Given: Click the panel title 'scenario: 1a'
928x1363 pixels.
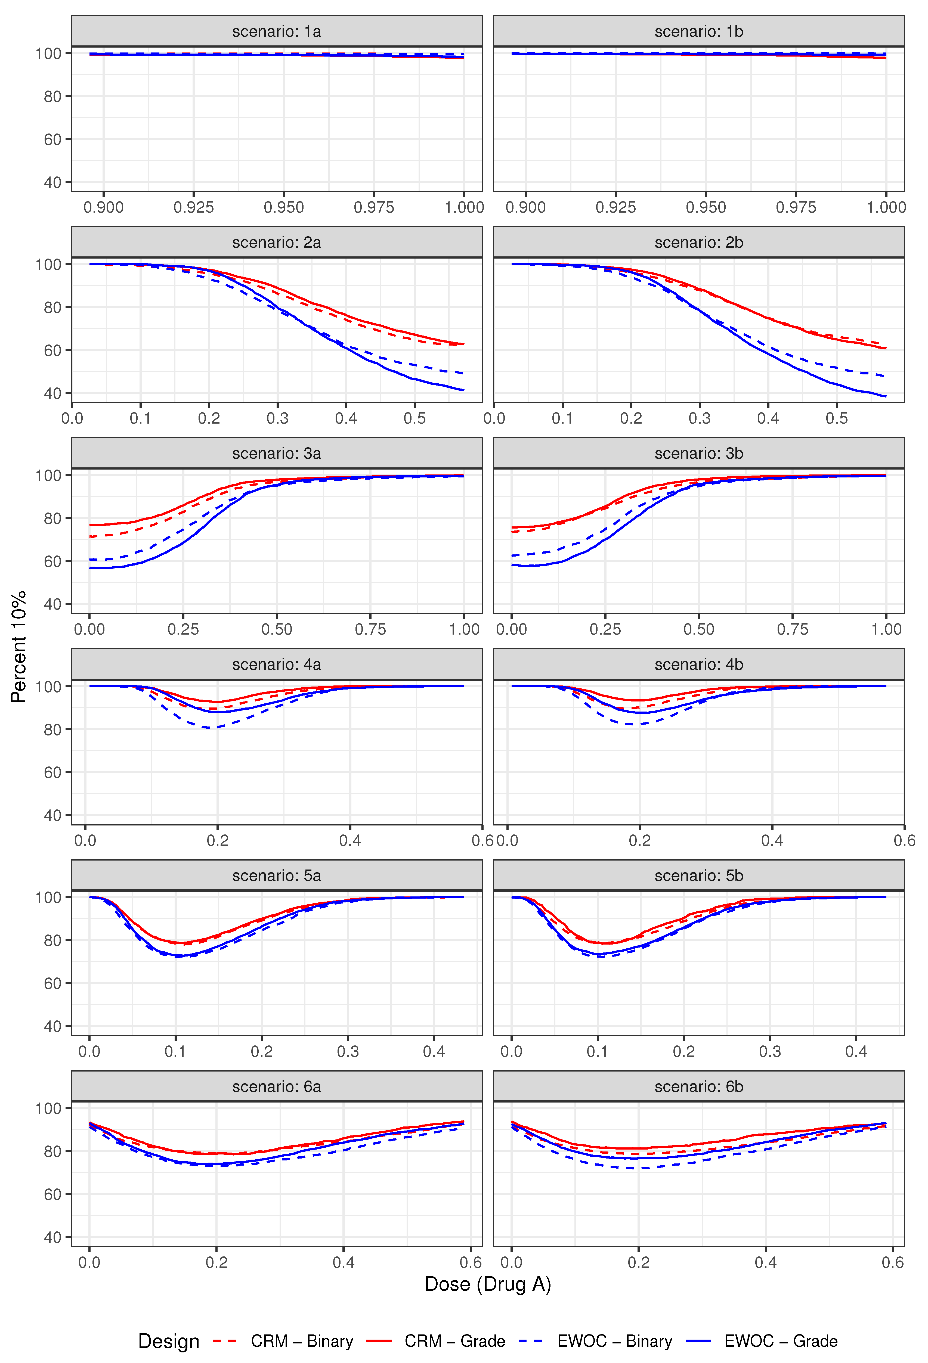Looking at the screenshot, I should click(276, 32).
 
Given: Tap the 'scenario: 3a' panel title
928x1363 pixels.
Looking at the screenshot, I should click(276, 453).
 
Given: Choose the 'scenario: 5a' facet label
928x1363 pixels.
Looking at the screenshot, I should click(276, 875).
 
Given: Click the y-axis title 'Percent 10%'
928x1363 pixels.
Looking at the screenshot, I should click(19, 646).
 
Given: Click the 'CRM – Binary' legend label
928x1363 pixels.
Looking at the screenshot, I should click(302, 1341).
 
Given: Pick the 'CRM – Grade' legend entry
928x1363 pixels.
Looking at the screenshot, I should click(454, 1341).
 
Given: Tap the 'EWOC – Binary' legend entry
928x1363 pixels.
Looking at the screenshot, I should click(614, 1341).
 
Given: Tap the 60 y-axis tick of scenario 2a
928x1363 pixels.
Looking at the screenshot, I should click(52, 350).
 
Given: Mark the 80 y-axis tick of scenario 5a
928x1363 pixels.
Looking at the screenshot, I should click(52, 940).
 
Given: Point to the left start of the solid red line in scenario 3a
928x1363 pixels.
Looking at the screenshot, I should click(90, 525).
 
